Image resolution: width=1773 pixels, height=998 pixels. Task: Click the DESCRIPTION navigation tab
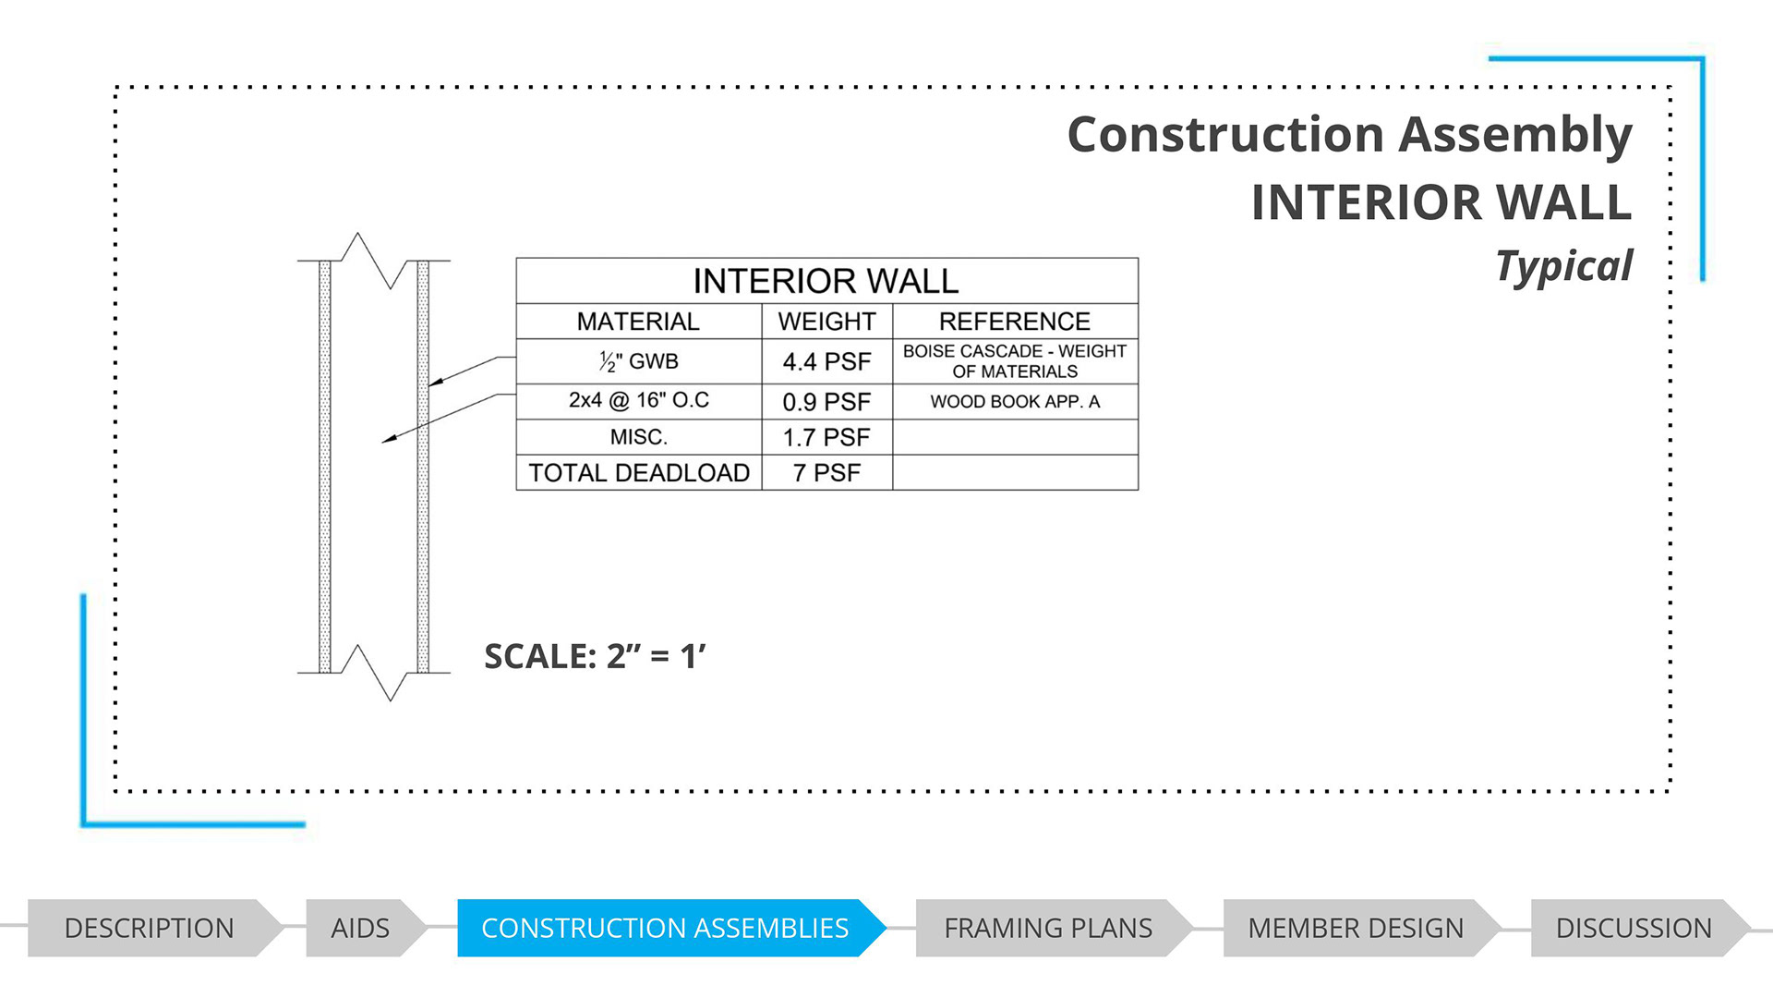150,928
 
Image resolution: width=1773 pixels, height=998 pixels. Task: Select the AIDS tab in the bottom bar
360,928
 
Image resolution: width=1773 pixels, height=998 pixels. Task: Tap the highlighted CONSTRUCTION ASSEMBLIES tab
665,928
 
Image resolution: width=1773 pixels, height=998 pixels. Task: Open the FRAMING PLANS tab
1048,928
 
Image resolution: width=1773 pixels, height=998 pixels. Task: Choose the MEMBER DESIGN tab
1356,928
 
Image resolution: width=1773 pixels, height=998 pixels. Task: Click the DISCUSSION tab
1634,928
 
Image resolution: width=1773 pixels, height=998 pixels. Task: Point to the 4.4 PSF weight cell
826,361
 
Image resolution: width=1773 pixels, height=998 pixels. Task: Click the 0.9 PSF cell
826,402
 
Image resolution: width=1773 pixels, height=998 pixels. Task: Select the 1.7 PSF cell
826,437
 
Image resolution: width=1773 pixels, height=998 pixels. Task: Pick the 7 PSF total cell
826,473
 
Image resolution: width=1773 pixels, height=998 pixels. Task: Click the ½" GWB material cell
638,361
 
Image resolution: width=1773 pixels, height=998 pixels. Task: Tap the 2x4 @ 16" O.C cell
638,400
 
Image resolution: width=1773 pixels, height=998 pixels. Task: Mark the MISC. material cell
638,437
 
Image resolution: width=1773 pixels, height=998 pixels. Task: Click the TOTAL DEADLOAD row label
638,473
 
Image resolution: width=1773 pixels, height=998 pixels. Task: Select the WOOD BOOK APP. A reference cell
1015,402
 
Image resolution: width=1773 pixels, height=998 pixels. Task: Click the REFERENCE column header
1015,322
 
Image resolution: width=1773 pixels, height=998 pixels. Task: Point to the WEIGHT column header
826,322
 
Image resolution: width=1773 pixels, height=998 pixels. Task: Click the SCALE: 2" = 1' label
595,656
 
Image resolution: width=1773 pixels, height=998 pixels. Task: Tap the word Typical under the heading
1563,266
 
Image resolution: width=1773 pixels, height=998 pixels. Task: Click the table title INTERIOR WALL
826,281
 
